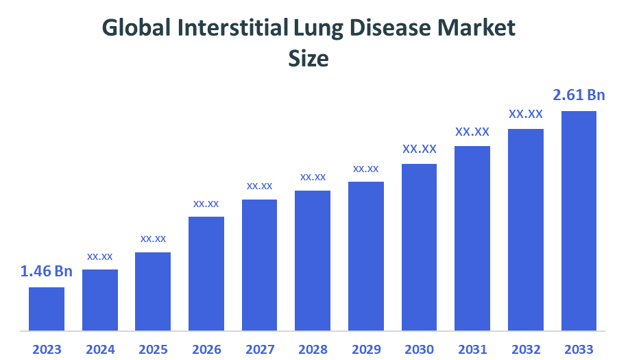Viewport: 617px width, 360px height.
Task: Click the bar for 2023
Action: pos(47,309)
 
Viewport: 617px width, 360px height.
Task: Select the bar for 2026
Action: pos(206,274)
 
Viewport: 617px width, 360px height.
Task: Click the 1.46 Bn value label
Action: pos(47,272)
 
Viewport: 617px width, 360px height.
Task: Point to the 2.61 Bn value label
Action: pos(579,95)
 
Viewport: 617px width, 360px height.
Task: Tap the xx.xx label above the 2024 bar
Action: pos(100,256)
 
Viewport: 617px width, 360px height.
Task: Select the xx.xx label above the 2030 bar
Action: pos(420,149)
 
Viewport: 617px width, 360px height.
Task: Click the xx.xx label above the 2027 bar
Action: pos(260,185)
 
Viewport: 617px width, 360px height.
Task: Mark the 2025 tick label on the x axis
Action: pos(153,349)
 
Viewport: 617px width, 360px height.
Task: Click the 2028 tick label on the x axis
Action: pos(313,349)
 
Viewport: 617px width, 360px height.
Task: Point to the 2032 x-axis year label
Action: pos(526,349)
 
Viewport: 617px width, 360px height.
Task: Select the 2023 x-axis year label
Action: pos(47,349)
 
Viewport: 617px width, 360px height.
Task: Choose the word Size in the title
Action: pos(308,59)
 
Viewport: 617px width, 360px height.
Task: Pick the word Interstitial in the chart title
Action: pos(232,28)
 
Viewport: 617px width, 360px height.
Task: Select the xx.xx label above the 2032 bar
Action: pos(526,114)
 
